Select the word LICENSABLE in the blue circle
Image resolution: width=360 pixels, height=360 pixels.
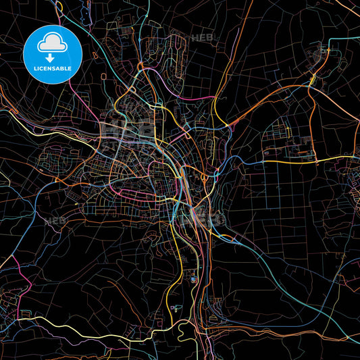(x=53, y=69)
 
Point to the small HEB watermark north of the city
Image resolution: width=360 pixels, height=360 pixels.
(x=203, y=38)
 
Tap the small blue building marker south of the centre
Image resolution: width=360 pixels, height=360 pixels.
(x=195, y=278)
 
